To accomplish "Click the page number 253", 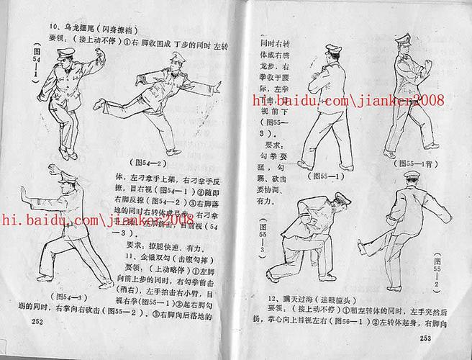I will coord(425,338).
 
